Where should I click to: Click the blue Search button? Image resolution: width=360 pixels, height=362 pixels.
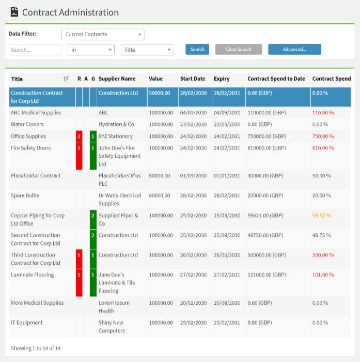[x=197, y=50]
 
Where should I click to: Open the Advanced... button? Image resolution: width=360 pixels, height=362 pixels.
[x=294, y=50]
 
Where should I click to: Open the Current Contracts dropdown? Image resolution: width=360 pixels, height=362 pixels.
[x=103, y=35]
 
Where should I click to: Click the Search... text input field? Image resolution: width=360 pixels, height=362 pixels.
[x=35, y=50]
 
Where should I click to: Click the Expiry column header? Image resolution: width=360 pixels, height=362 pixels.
[x=222, y=79]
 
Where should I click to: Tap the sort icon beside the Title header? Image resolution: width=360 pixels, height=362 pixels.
[x=66, y=79]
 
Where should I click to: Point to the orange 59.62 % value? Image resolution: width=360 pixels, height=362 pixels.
[x=322, y=216]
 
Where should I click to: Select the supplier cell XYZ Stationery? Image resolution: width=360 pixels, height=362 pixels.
[x=115, y=137]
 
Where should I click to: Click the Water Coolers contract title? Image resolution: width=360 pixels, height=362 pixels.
[x=27, y=125]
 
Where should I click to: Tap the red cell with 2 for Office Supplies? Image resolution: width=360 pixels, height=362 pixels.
[x=79, y=137]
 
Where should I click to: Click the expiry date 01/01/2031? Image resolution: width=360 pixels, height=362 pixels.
[x=227, y=176]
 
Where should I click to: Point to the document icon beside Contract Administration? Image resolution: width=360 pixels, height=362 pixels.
[x=14, y=12]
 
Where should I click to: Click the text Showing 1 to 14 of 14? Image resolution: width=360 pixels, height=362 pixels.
[x=36, y=348]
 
